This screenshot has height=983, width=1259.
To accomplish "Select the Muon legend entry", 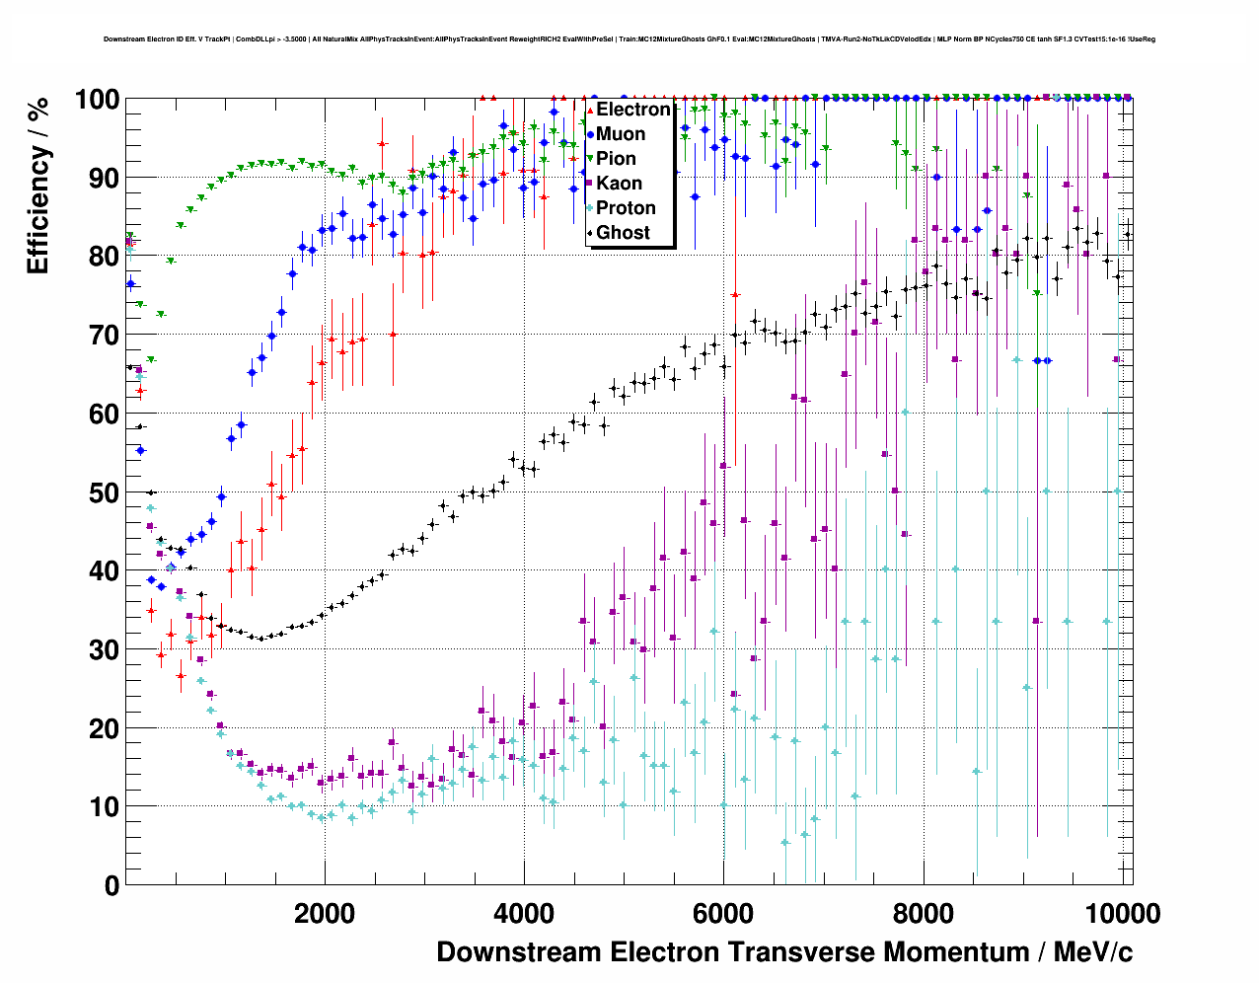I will tap(621, 134).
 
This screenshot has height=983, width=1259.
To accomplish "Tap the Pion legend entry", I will tap(616, 159).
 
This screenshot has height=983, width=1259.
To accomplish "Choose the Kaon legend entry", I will tap(619, 184).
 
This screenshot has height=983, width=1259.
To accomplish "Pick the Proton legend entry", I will tap(626, 208).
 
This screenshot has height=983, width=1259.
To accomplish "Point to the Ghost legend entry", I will tap(623, 233).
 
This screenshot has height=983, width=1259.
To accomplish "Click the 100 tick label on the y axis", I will tap(97, 100).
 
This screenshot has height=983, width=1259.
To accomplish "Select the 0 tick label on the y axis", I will tap(111, 885).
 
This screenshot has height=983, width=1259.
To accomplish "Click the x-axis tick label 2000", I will tap(325, 914).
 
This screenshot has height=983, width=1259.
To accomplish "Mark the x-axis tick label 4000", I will tap(524, 914).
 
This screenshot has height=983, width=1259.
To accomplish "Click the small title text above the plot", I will tap(629, 39).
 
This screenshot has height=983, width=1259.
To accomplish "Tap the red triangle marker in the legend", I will tap(590, 110).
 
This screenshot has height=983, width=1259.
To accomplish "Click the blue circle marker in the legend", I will tap(590, 134).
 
